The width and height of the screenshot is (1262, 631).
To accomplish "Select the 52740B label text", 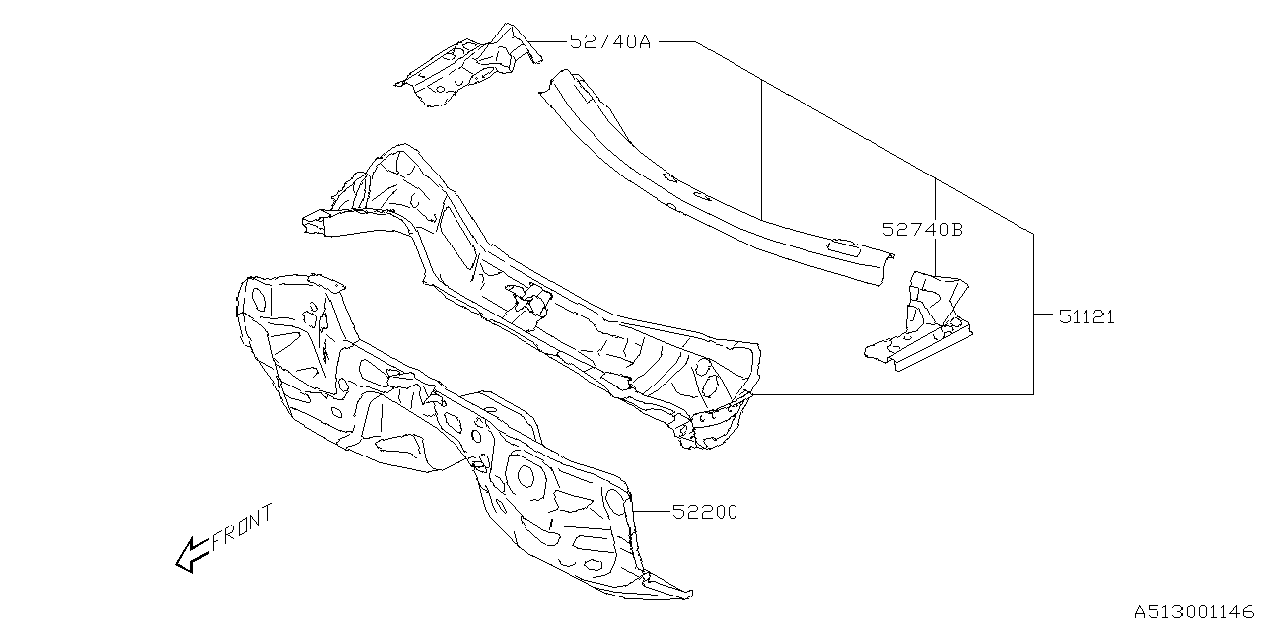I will click(922, 229).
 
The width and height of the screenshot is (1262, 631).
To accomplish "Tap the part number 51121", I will click(1087, 316).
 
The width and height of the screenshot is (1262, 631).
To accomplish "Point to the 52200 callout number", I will click(705, 512).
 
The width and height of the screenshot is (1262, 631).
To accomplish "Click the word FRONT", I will click(242, 528).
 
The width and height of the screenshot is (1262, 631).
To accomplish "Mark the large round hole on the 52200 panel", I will click(526, 478).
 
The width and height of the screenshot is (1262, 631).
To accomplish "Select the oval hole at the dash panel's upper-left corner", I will click(259, 297).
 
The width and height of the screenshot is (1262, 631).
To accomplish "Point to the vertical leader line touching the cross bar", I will click(762, 148).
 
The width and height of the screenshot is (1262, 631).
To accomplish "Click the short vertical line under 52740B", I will click(935, 256).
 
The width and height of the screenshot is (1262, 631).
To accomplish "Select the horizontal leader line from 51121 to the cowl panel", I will click(887, 393).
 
